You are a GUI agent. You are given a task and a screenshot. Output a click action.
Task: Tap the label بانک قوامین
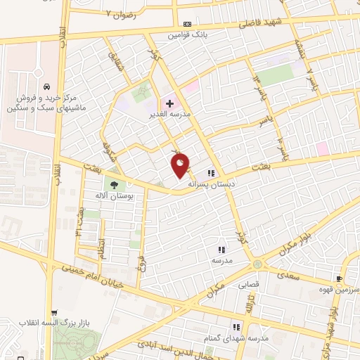click(x=186, y=34)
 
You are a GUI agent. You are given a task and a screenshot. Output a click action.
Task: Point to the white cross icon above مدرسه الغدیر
click(x=170, y=103)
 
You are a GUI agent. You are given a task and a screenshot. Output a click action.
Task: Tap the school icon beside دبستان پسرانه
click(x=210, y=173)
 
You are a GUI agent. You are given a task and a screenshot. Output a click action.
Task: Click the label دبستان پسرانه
click(x=210, y=183)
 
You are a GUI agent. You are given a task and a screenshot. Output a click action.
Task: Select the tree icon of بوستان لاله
click(x=113, y=186)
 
